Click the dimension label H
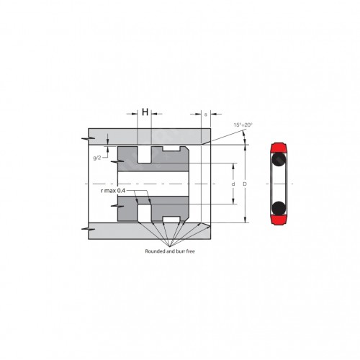coord(145,112)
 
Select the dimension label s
coord(206,114)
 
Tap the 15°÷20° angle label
coord(243,125)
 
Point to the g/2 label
coord(97,158)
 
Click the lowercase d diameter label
coord(233,184)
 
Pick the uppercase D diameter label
coord(245,184)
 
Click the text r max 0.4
coord(113,191)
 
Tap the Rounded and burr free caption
coord(170,251)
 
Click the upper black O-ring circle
coord(279,159)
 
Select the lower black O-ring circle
coord(279,208)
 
